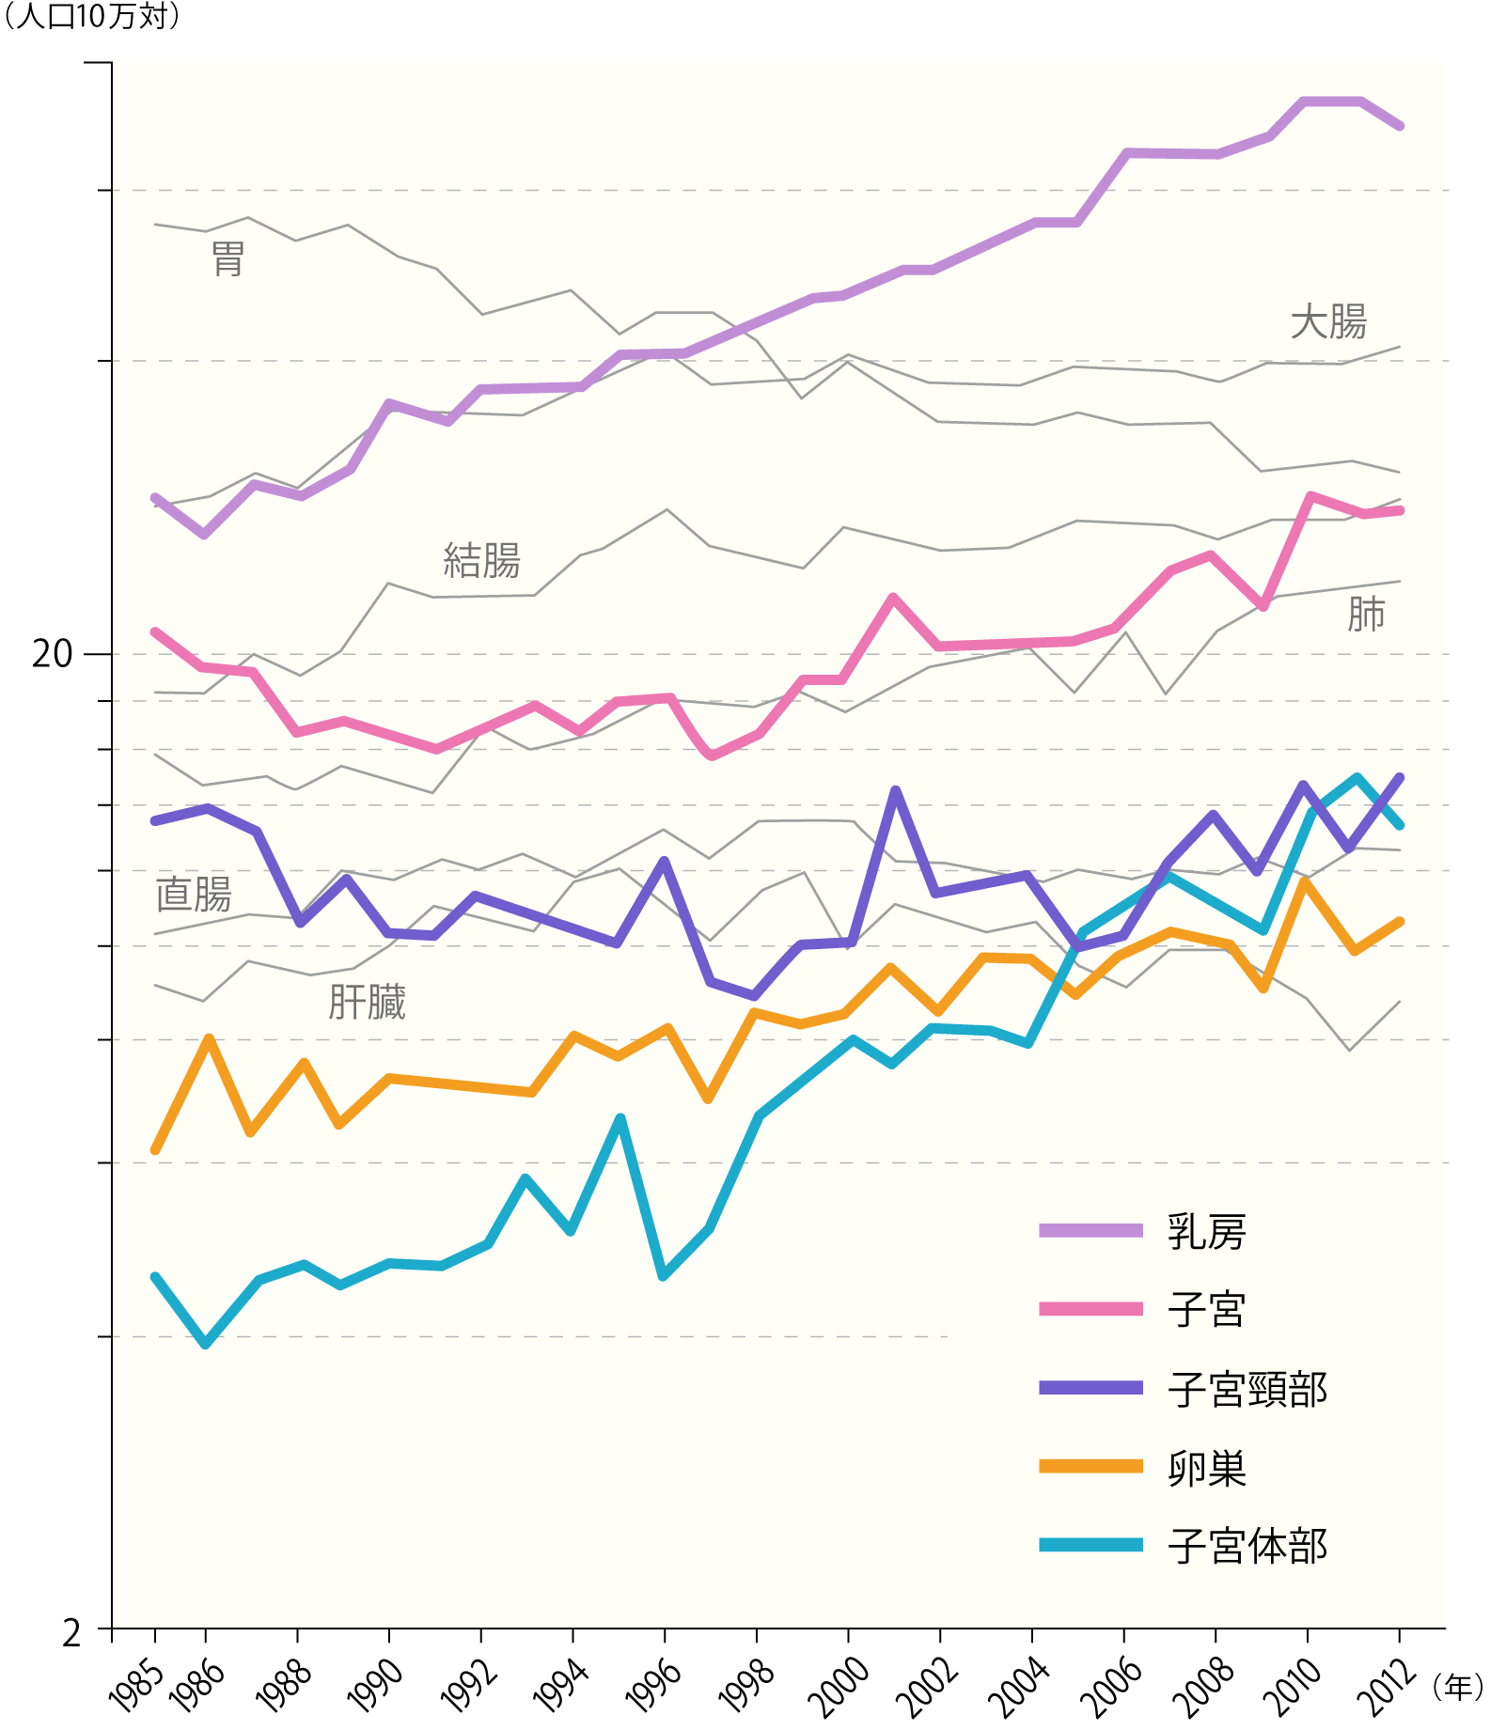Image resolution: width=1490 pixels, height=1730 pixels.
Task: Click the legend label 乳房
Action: pyautogui.click(x=1206, y=1232)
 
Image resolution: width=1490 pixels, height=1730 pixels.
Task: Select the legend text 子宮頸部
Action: pyautogui.click(x=1247, y=1390)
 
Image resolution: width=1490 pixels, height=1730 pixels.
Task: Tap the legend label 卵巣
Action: pyautogui.click(x=1206, y=1468)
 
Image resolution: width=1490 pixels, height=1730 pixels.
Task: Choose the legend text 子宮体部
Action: pyautogui.click(x=1247, y=1547)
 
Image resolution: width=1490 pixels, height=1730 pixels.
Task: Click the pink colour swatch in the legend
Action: pyautogui.click(x=1090, y=1309)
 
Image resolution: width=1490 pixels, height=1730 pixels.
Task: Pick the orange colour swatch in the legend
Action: pyautogui.click(x=1090, y=1466)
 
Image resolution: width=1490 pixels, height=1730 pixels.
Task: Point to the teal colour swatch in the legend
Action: pyautogui.click(x=1090, y=1545)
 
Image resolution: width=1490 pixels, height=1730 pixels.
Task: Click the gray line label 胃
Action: pyautogui.click(x=228, y=259)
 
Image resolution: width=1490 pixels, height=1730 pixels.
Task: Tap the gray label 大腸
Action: pyautogui.click(x=1327, y=322)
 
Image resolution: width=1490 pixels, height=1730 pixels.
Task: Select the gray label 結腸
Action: pyautogui.click(x=481, y=561)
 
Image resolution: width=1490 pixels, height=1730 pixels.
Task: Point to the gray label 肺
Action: pyautogui.click(x=1365, y=615)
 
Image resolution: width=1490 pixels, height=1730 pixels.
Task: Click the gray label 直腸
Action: pyautogui.click(x=194, y=894)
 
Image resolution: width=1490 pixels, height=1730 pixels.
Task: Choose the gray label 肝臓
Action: pyautogui.click(x=367, y=1003)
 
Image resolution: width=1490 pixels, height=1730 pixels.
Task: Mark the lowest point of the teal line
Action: pyautogui.click(x=206, y=1345)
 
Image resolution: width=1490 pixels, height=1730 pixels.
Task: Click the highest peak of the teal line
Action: pyautogui.click(x=1357, y=778)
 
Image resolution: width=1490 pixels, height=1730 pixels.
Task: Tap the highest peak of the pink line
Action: pyautogui.click(x=1310, y=496)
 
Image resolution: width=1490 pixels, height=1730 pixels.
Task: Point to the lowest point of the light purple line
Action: pyautogui.click(x=204, y=535)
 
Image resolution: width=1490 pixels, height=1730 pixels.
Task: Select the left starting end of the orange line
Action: pyautogui.click(x=156, y=1150)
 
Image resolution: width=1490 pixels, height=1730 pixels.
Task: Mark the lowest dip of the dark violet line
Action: pyautogui.click(x=754, y=996)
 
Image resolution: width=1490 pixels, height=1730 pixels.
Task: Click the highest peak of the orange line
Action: pyautogui.click(x=1303, y=881)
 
